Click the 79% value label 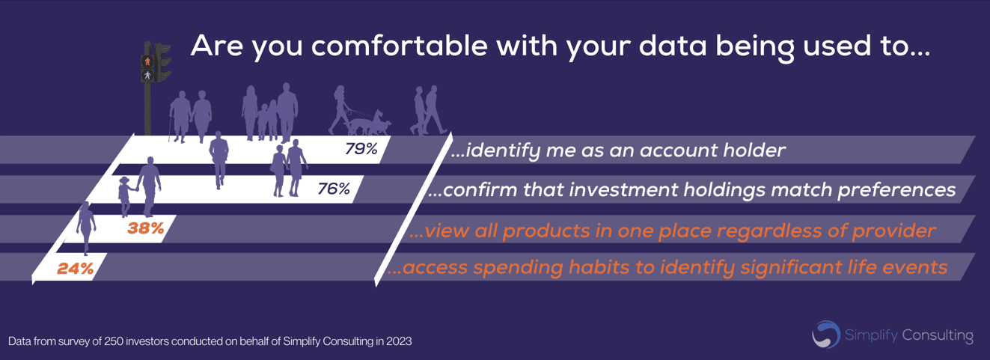coord(361,149)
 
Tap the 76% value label coord(334,189)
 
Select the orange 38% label coord(145,228)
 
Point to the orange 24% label coord(75,268)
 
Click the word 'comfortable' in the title coord(399,46)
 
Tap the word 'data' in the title coord(673,46)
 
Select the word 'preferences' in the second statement coord(896,190)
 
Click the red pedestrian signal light coord(147,61)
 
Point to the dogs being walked coord(369,123)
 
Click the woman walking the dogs coord(339,109)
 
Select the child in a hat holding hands coord(126,196)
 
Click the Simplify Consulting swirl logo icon coord(825,335)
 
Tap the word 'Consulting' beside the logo coord(938,335)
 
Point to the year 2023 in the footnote coord(399,341)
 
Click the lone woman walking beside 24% coord(86,228)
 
